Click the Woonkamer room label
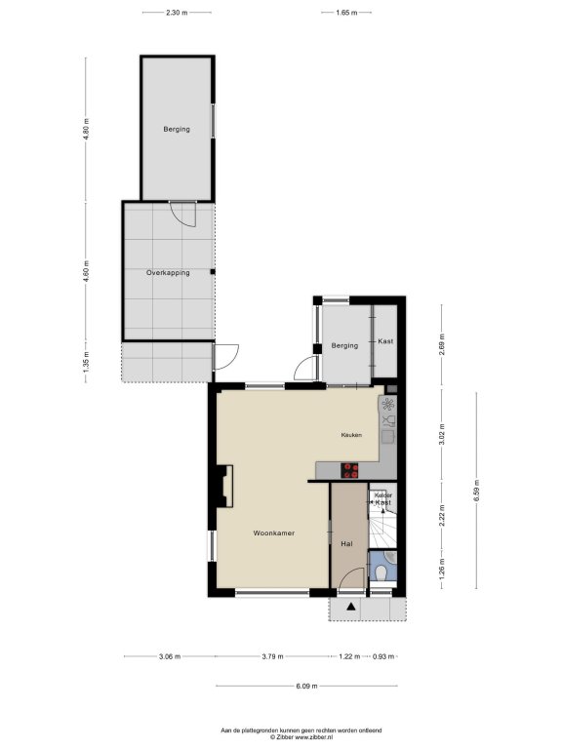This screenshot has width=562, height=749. (274, 533)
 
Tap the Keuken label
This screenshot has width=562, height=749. (351, 435)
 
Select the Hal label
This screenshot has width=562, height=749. (347, 543)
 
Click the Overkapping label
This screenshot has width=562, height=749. (168, 273)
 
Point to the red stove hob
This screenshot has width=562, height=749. (350, 470)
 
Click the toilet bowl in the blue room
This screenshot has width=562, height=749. (381, 572)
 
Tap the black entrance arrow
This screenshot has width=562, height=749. (351, 607)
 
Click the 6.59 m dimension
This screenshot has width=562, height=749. (476, 491)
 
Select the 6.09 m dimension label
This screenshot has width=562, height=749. (306, 687)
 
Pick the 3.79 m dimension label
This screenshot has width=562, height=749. (272, 656)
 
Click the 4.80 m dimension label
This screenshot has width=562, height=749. (86, 129)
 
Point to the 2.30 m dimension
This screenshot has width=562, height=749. (177, 13)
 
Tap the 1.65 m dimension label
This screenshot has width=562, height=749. (346, 13)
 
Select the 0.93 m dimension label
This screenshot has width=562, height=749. (383, 656)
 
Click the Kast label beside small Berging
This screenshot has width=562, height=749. (385, 341)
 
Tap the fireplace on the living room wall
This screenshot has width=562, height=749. (225, 486)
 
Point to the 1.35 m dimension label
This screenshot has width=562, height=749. (86, 362)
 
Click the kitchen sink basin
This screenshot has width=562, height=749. (387, 436)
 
